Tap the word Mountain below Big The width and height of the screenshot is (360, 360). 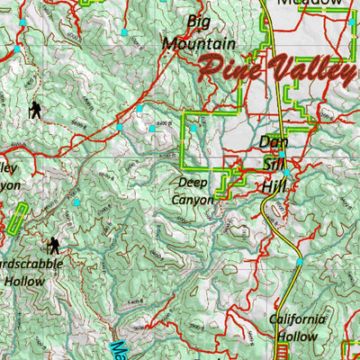199,42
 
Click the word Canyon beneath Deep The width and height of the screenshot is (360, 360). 193,199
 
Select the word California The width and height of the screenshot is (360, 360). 297,319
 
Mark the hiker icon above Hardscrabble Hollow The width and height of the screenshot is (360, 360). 53,245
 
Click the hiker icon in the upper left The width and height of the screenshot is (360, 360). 34,110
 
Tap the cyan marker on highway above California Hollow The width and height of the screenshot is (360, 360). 300,262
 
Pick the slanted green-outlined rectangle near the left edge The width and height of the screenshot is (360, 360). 17,220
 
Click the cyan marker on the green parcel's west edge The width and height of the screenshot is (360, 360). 192,129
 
